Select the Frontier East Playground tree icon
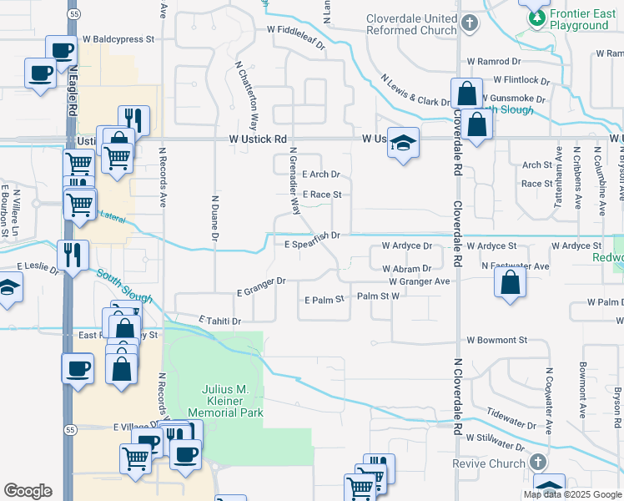(x=535, y=17)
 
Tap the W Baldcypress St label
(x=118, y=39)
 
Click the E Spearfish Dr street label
(x=311, y=235)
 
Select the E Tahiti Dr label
(x=219, y=321)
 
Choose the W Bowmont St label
(x=496, y=341)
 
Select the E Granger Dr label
(x=261, y=288)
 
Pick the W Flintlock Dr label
(x=521, y=80)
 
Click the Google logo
(x=28, y=491)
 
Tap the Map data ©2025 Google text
(x=572, y=494)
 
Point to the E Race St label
(x=322, y=195)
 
